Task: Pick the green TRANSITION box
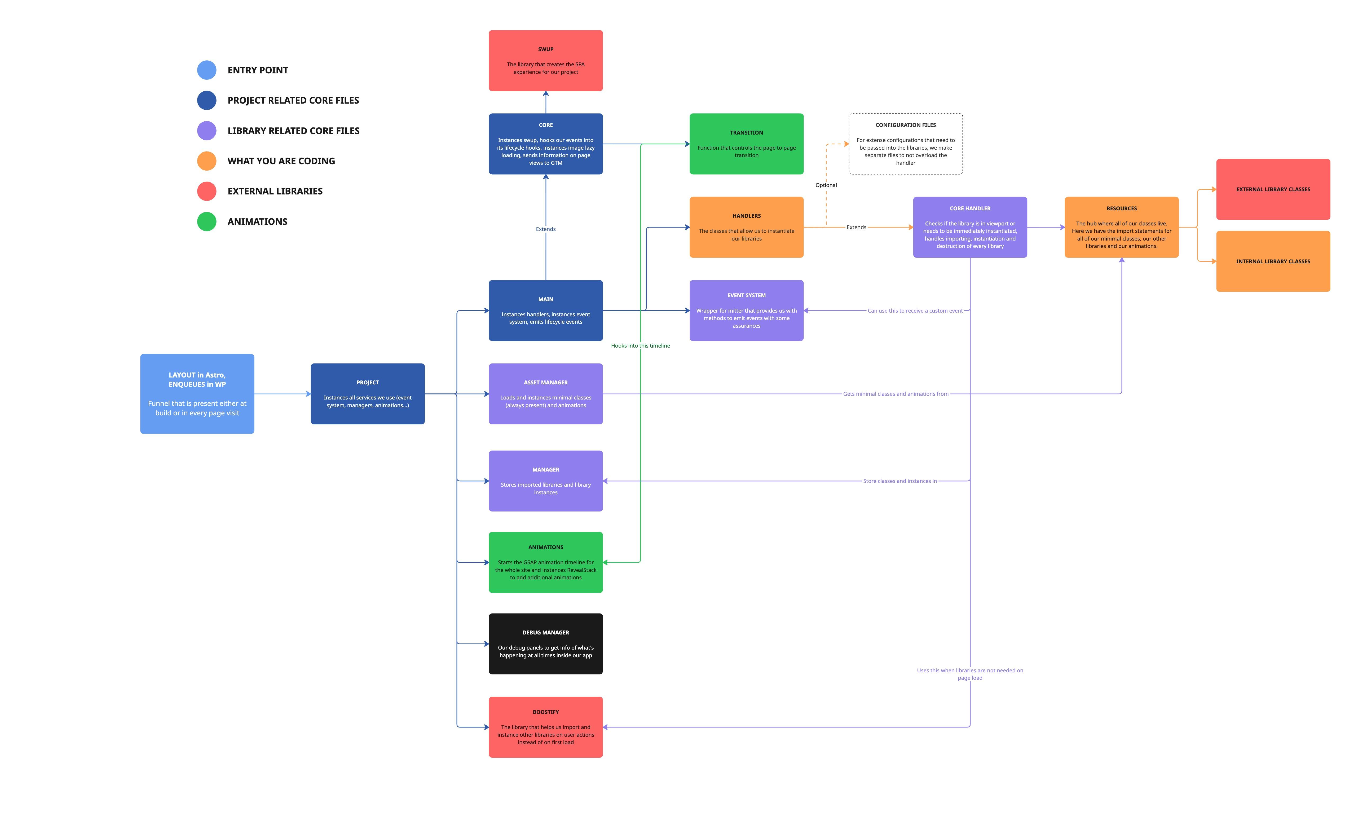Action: click(x=746, y=144)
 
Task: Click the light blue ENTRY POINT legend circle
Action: click(x=206, y=70)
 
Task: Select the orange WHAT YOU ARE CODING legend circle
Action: click(x=206, y=161)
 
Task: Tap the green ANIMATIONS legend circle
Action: click(x=206, y=221)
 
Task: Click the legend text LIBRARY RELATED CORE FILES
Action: click(x=293, y=131)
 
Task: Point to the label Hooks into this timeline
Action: click(x=640, y=346)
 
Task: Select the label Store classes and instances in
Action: click(x=900, y=481)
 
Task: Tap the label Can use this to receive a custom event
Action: click(x=915, y=311)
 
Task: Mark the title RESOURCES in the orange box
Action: click(x=1121, y=209)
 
